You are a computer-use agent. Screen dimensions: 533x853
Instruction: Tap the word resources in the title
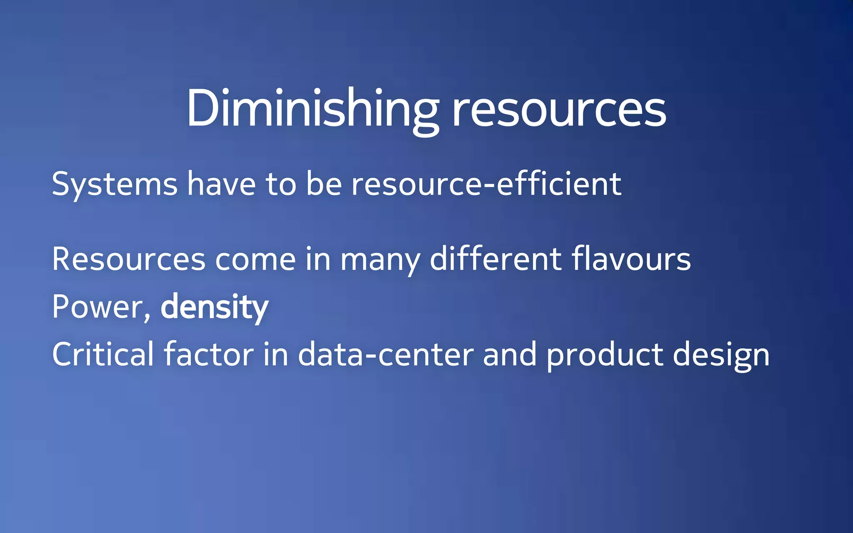click(x=559, y=110)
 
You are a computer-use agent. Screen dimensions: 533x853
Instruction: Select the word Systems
click(x=115, y=184)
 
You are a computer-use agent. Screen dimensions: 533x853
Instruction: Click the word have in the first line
click(x=221, y=184)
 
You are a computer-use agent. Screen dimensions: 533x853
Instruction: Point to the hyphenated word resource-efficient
click(x=486, y=184)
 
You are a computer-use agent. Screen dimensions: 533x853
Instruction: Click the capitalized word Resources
click(x=129, y=259)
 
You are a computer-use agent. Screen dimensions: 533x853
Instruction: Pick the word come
click(x=255, y=259)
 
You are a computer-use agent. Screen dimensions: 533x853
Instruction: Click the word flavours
click(x=631, y=259)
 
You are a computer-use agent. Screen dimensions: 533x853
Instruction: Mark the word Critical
click(x=103, y=354)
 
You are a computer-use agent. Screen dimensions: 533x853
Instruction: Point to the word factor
click(x=209, y=354)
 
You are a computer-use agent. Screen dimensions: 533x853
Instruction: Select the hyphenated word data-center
click(x=386, y=354)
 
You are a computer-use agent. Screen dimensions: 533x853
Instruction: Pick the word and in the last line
click(x=510, y=354)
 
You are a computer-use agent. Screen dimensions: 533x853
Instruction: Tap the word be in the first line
click(x=324, y=184)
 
